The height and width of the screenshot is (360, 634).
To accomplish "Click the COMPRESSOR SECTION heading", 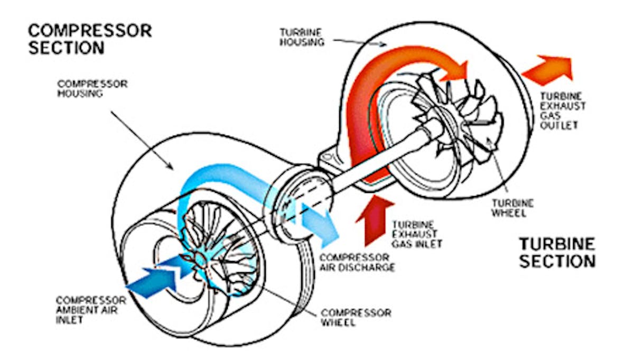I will [x=90, y=39].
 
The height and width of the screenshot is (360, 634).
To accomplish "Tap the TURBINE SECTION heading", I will [x=557, y=252].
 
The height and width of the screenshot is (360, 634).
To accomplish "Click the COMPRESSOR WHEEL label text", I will [x=356, y=317].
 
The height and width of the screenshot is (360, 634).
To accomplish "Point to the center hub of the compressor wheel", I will [x=200, y=258].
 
